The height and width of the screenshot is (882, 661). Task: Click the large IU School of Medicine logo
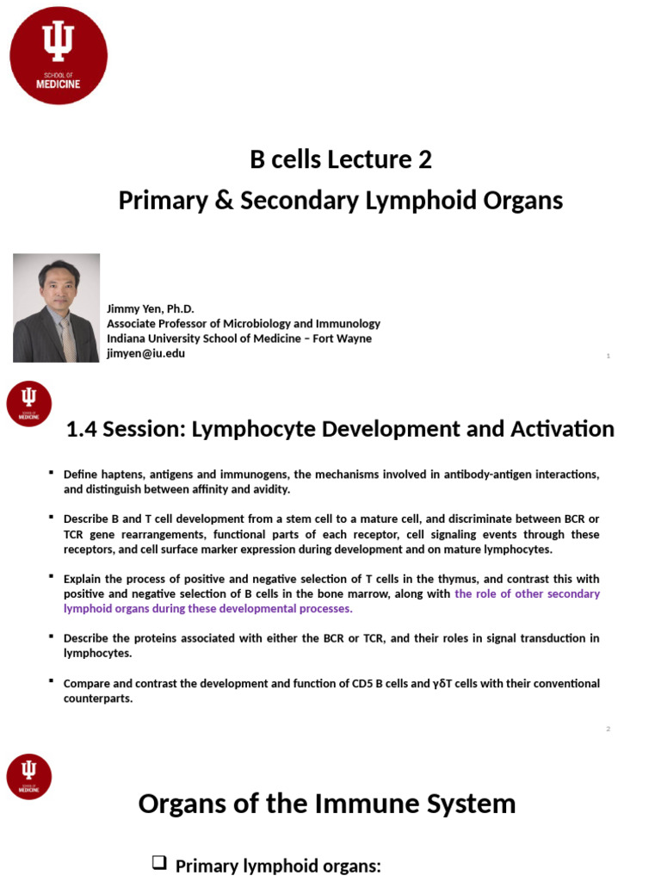pyautogui.click(x=59, y=55)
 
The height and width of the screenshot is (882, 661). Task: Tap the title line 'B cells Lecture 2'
pyautogui.click(x=341, y=159)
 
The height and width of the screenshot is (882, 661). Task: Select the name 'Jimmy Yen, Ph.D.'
pyautogui.click(x=151, y=308)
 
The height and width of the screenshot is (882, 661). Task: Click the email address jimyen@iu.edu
pyautogui.click(x=145, y=353)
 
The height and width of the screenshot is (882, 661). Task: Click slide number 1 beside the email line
pyautogui.click(x=608, y=356)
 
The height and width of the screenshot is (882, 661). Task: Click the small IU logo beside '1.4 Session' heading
pyautogui.click(x=29, y=403)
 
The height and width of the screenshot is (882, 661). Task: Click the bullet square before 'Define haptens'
pyautogui.click(x=52, y=473)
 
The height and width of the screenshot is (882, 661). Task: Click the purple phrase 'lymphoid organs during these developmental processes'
pyautogui.click(x=207, y=608)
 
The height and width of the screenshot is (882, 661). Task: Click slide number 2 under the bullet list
pyautogui.click(x=608, y=730)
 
